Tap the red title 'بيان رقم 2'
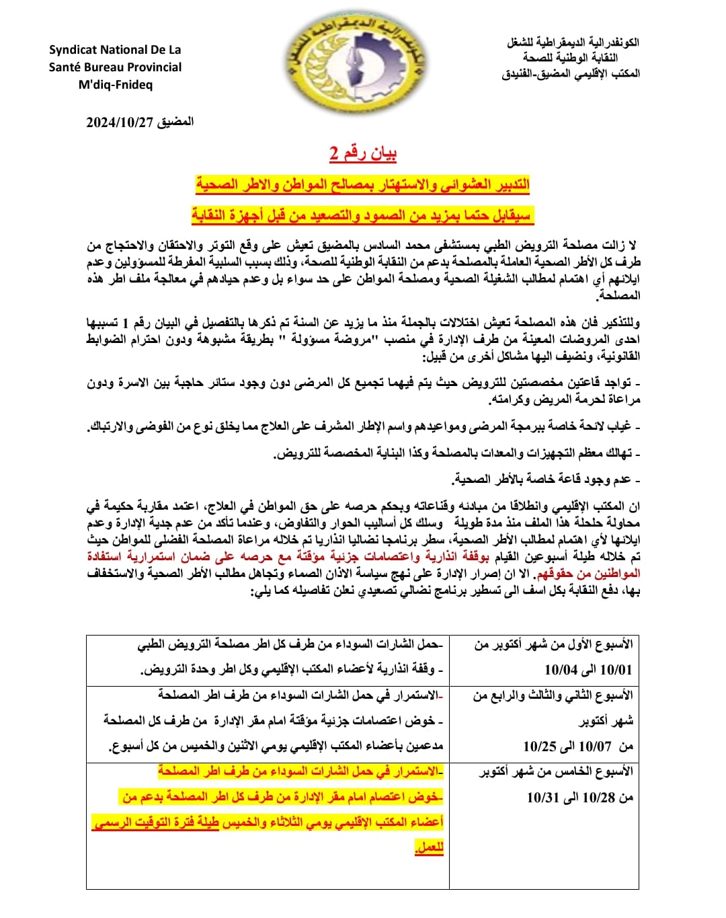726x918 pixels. click(x=362, y=154)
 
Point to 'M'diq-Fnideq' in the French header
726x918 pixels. click(x=116, y=85)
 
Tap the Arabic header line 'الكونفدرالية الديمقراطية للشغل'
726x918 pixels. click(x=573, y=42)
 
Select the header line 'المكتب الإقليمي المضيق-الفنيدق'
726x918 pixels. click(x=571, y=74)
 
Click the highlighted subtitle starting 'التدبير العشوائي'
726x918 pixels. click(x=363, y=184)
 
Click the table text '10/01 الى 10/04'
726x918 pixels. click(x=588, y=670)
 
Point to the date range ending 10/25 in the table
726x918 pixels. click(x=577, y=746)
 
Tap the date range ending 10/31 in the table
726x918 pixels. click(x=579, y=797)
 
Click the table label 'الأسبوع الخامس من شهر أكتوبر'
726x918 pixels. click(x=556, y=772)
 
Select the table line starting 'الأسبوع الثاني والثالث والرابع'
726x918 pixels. click(x=553, y=695)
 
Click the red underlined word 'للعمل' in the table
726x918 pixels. click(x=429, y=847)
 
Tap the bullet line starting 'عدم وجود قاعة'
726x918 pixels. click(x=545, y=480)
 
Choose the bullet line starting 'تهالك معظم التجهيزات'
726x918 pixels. click(x=456, y=453)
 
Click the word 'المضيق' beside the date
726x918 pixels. click(x=175, y=122)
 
